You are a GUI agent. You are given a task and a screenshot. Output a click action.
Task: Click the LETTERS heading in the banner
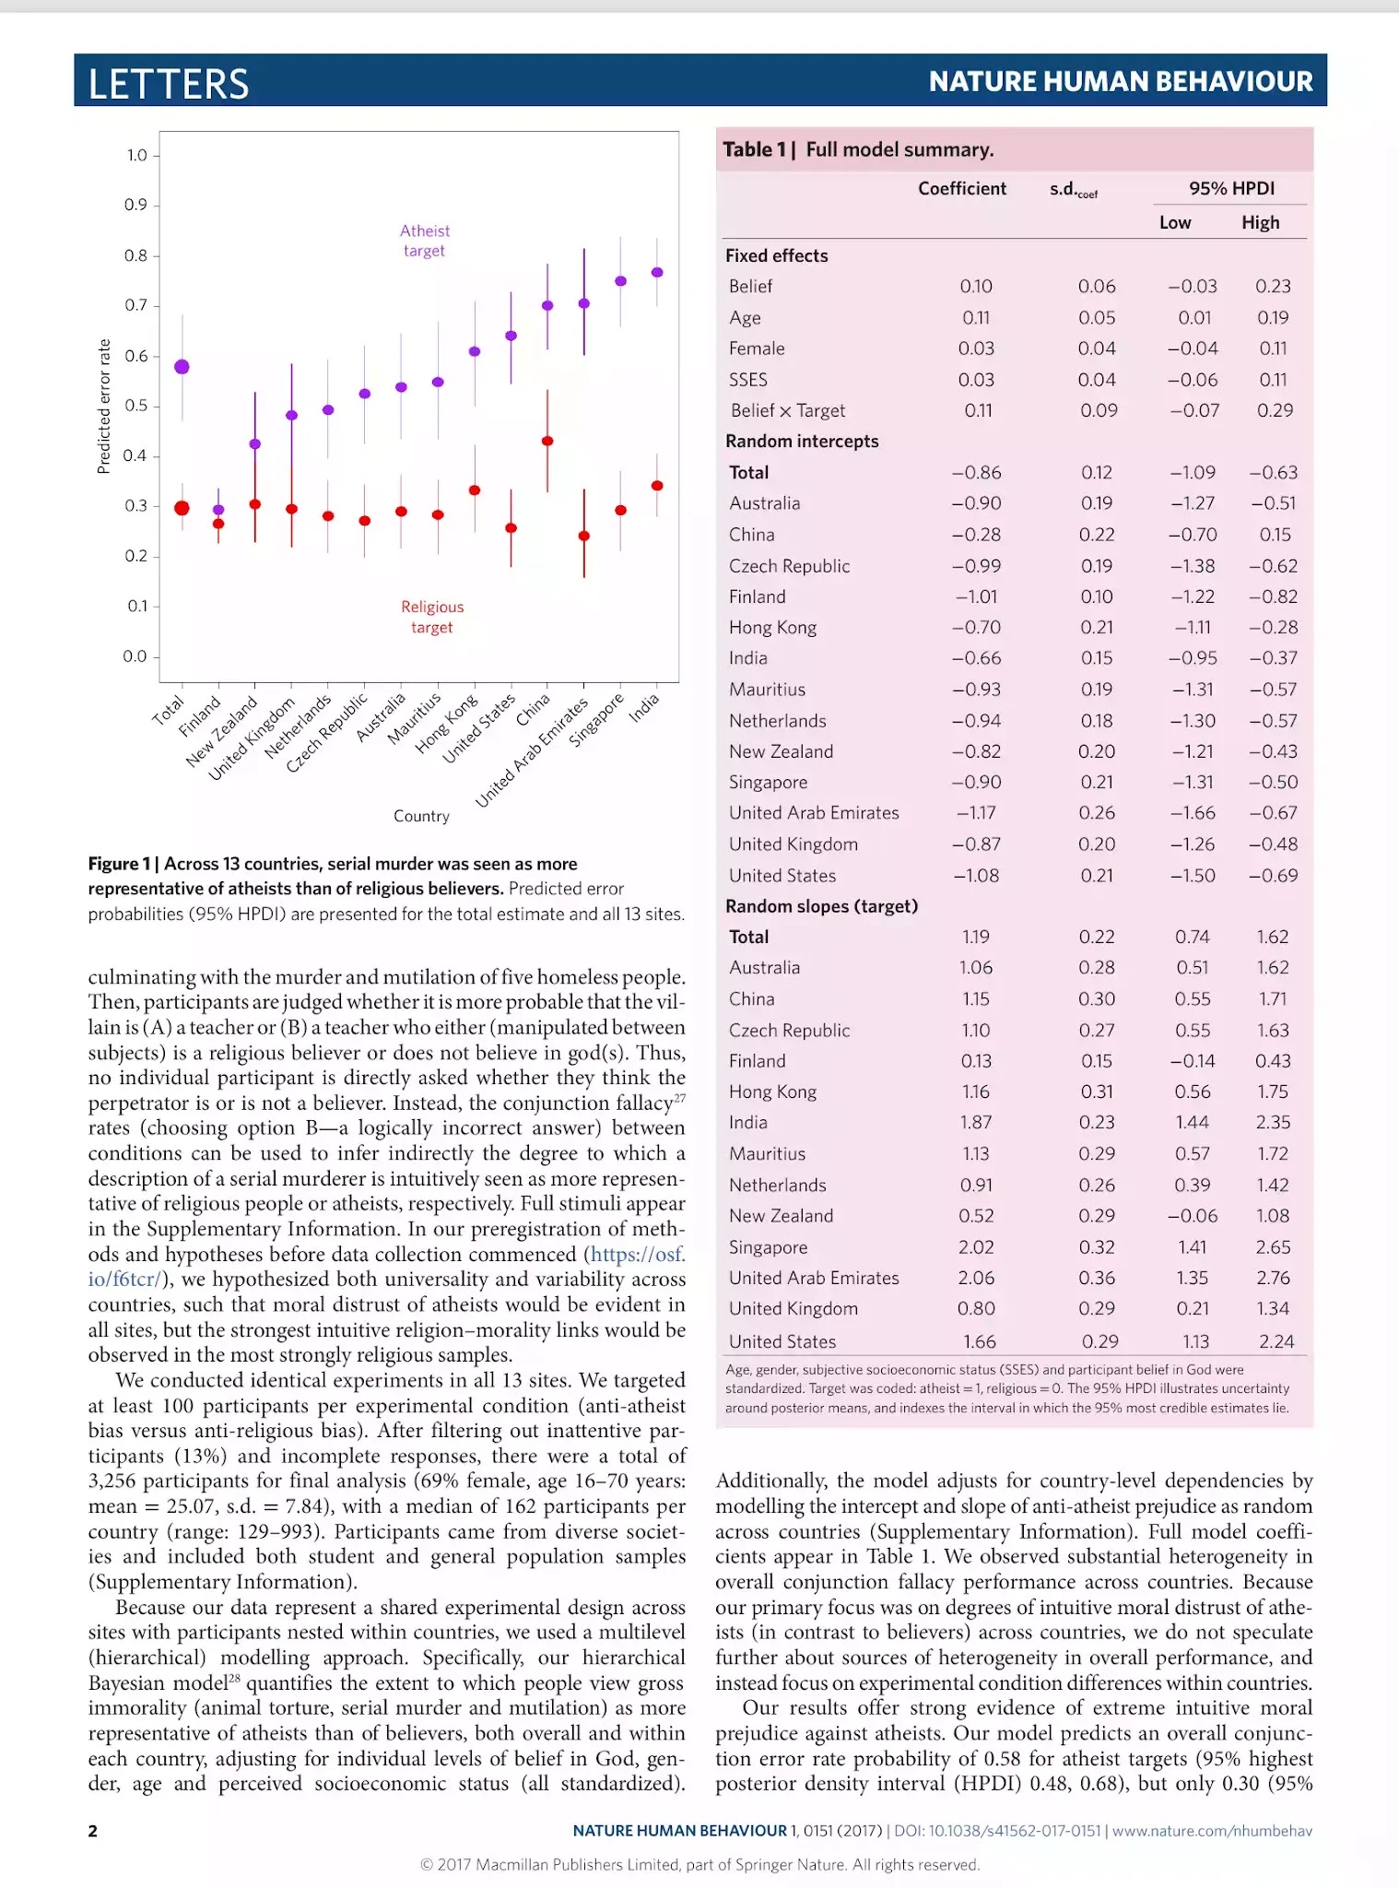click(x=169, y=84)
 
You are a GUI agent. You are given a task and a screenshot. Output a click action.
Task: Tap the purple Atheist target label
click(x=425, y=241)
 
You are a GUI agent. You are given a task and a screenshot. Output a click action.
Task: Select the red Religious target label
click(x=432, y=617)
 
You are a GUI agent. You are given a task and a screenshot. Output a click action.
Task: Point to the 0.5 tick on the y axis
click(x=135, y=406)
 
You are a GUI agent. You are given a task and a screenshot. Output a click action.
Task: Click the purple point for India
click(x=657, y=272)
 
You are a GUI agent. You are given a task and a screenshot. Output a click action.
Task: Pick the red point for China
click(x=547, y=441)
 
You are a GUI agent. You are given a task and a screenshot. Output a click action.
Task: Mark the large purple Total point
click(x=182, y=367)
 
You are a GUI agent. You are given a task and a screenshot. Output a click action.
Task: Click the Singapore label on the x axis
click(x=596, y=720)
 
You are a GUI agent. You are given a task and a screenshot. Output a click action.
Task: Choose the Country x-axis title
click(x=421, y=816)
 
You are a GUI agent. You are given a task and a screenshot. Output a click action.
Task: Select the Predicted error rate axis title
click(x=104, y=407)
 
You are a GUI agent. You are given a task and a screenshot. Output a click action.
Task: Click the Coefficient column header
click(x=961, y=189)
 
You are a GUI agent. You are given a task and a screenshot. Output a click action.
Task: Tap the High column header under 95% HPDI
click(x=1260, y=222)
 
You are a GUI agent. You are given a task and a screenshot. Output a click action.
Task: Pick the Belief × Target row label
click(x=787, y=410)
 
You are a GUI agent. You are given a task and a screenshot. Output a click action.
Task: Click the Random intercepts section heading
click(x=802, y=441)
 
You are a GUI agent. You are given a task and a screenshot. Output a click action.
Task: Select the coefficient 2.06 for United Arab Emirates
click(x=975, y=1278)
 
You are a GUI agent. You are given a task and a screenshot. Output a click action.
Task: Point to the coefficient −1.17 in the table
click(x=975, y=812)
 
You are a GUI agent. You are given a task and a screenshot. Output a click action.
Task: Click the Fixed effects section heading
click(x=776, y=255)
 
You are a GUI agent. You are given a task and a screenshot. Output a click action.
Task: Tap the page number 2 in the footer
click(x=93, y=1831)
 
